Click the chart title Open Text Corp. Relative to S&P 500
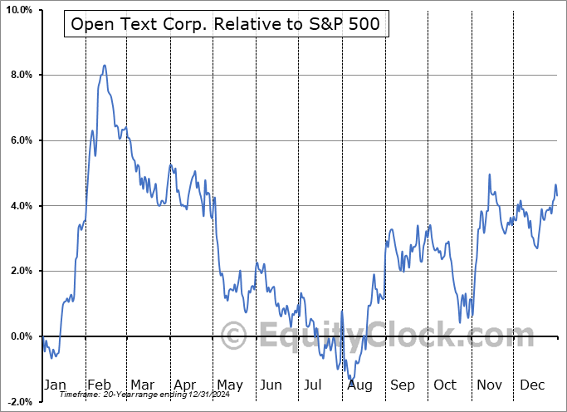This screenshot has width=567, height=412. tap(226, 24)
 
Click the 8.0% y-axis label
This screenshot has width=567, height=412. tap(20, 76)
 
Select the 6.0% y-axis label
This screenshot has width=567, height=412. tap(20, 140)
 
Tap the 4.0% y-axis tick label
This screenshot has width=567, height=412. tap(20, 206)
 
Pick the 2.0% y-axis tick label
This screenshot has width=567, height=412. tap(20, 271)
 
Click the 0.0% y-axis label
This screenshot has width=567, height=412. tap(20, 336)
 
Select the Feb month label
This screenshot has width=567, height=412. tap(99, 385)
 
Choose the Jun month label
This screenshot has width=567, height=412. tap(271, 385)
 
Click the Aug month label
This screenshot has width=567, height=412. tap(360, 385)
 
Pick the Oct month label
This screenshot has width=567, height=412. tap(446, 385)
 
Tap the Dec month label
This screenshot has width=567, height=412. tap(533, 385)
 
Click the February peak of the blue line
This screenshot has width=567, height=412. tap(104, 65)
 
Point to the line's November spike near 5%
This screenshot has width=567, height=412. tap(490, 174)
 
